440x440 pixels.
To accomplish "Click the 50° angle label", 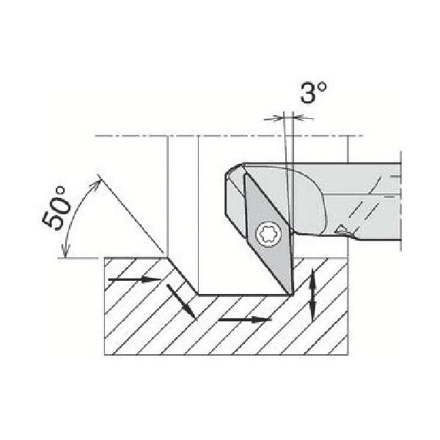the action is (56, 208).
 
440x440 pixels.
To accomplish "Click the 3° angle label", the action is (314, 92).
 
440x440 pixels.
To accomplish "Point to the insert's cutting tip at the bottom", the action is (290, 294).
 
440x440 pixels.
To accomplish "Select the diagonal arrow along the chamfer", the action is (181, 301).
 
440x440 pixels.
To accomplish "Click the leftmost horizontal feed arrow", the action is (135, 279).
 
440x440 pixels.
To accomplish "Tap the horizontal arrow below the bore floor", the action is (245, 319).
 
